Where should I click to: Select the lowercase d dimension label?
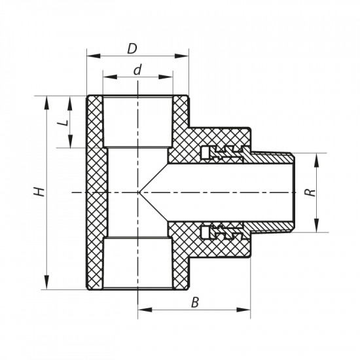(138, 70)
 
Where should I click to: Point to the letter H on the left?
(40, 192)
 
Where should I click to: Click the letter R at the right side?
(314, 193)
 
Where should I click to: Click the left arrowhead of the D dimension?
(91, 56)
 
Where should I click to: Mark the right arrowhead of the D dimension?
(185, 56)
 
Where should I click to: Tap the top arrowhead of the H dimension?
(46, 100)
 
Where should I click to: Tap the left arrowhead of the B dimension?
(142, 308)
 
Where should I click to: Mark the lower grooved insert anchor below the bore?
(223, 232)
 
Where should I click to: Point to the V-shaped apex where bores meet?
(139, 192)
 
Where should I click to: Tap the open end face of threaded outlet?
(297, 192)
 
